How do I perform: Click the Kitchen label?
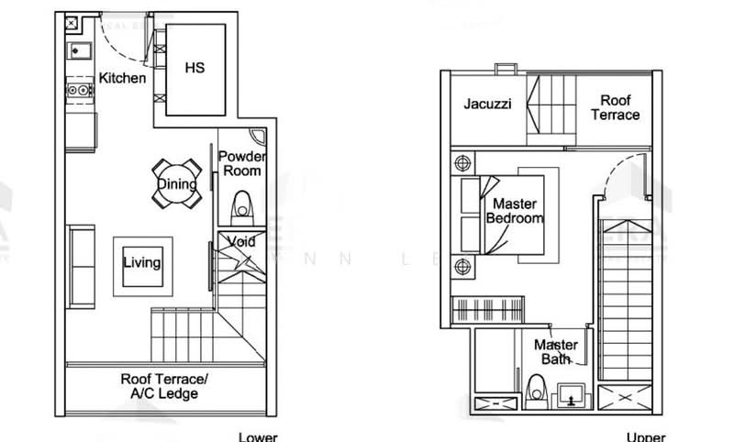point(122,78)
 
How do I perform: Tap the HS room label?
point(195,67)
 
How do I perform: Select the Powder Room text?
point(241,163)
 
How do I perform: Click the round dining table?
point(177,184)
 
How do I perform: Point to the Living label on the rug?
point(142,263)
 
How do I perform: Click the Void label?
point(241,242)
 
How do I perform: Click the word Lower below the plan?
point(258,436)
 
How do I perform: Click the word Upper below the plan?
point(646,436)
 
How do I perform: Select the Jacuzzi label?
point(486,105)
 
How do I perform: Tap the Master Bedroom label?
point(514,211)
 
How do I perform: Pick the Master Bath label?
point(556,352)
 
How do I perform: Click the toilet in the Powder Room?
point(242,206)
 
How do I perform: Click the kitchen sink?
point(79,50)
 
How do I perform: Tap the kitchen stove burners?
point(79,91)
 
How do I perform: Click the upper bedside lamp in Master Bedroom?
point(462,163)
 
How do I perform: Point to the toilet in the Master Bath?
point(539,389)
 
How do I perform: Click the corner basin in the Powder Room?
point(261,138)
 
